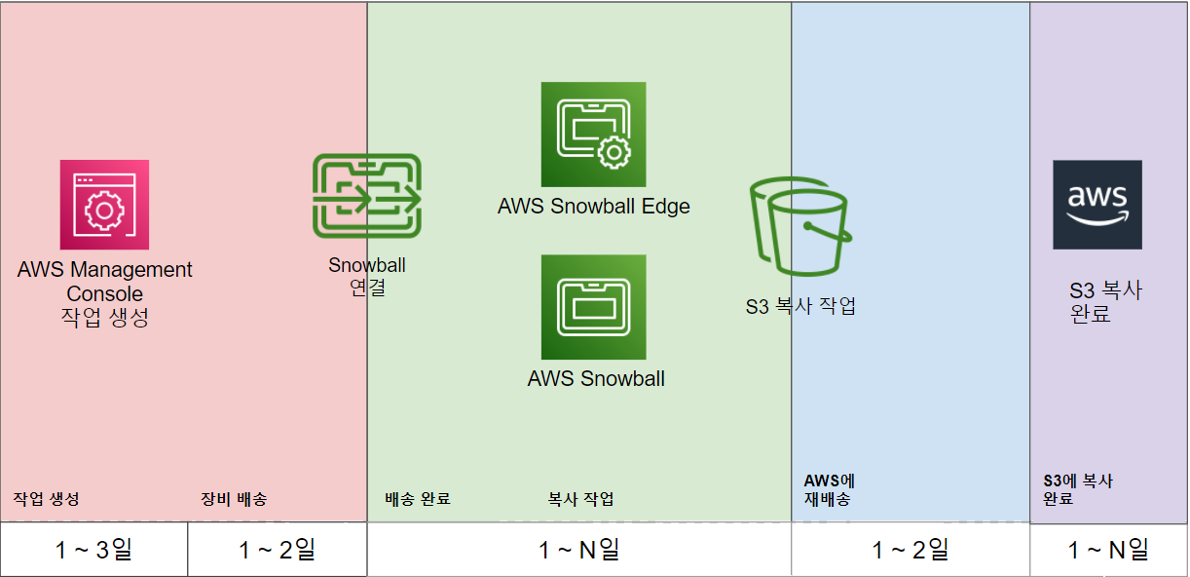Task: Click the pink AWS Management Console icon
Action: [104, 205]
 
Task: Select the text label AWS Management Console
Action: [104, 282]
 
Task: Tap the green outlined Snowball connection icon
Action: [367, 196]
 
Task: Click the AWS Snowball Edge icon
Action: [593, 135]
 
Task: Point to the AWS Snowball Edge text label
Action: [593, 207]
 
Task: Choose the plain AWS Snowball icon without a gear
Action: [593, 307]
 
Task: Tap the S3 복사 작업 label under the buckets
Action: [800, 306]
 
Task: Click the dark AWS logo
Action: [1097, 205]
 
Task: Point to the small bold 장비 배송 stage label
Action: [234, 499]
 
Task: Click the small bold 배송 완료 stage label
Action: [418, 499]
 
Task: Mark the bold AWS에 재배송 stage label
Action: [829, 490]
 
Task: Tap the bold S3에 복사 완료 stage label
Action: [1078, 490]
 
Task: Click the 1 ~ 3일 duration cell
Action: [93, 550]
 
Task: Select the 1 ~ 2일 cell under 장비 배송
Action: [278, 550]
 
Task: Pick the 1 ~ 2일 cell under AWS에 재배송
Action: [910, 550]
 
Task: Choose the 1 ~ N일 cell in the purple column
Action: [1108, 550]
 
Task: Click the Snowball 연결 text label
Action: [367, 276]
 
